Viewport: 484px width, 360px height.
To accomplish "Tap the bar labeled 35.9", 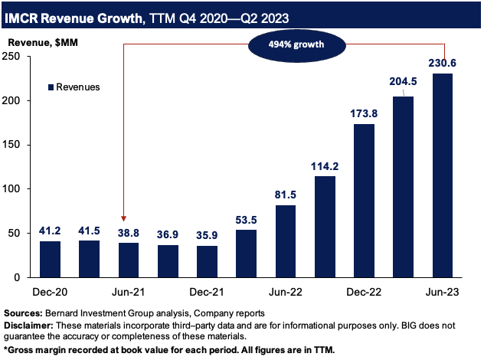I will (207, 260).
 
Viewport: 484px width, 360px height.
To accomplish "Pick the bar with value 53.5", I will (247, 253).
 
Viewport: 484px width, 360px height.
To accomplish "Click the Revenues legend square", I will (51, 87).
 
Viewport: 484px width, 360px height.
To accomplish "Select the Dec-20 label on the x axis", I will (49, 293).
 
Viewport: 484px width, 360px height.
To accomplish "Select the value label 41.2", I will (49, 229).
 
